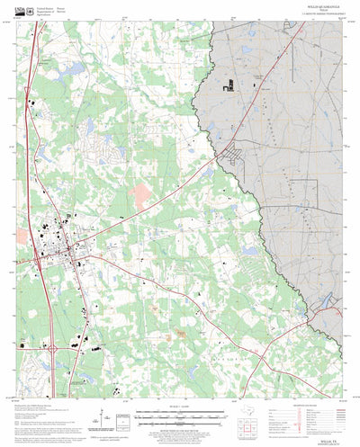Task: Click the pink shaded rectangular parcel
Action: coord(140,191)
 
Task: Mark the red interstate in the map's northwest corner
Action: coord(34,67)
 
